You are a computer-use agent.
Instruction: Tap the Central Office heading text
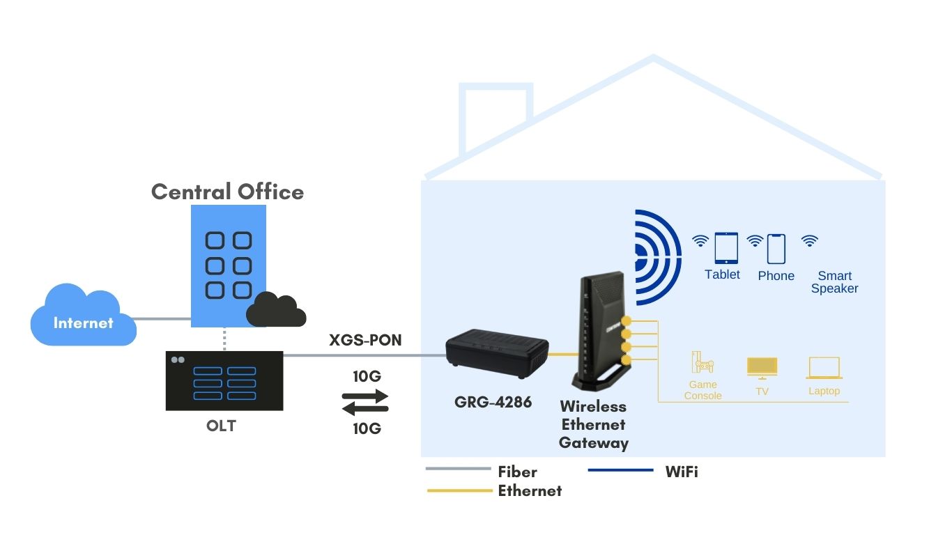(x=227, y=192)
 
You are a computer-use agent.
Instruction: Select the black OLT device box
(x=224, y=381)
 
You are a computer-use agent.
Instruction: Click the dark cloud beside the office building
(x=277, y=311)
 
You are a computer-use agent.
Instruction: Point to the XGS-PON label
(x=365, y=340)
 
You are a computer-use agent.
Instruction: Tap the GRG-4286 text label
(x=493, y=402)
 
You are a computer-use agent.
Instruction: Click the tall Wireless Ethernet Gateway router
(x=601, y=331)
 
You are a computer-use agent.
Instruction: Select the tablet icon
(x=725, y=248)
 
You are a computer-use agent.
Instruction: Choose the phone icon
(x=776, y=249)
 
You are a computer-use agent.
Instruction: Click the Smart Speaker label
(x=834, y=282)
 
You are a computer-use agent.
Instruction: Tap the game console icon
(x=702, y=363)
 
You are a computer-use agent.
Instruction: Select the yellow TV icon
(x=762, y=367)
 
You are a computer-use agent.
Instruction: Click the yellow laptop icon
(x=824, y=368)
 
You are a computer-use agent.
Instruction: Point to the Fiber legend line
(x=458, y=469)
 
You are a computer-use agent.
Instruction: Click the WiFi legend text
(x=681, y=472)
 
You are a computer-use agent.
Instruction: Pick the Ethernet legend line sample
(x=459, y=490)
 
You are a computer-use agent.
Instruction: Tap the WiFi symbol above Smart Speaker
(x=809, y=241)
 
